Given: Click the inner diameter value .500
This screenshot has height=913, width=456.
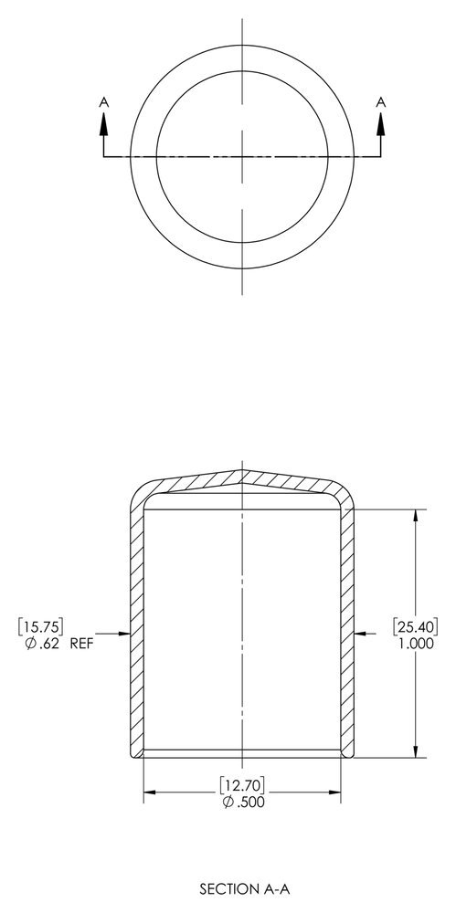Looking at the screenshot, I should [249, 803].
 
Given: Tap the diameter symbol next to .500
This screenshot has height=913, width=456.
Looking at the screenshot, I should [226, 803].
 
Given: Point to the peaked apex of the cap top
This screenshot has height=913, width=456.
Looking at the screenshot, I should [242, 472].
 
